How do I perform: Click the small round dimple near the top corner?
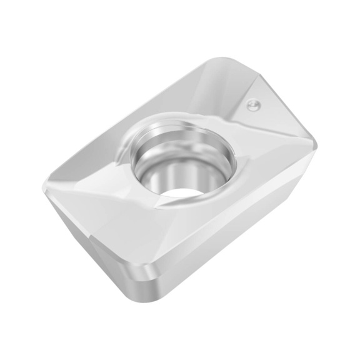click(253, 105)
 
